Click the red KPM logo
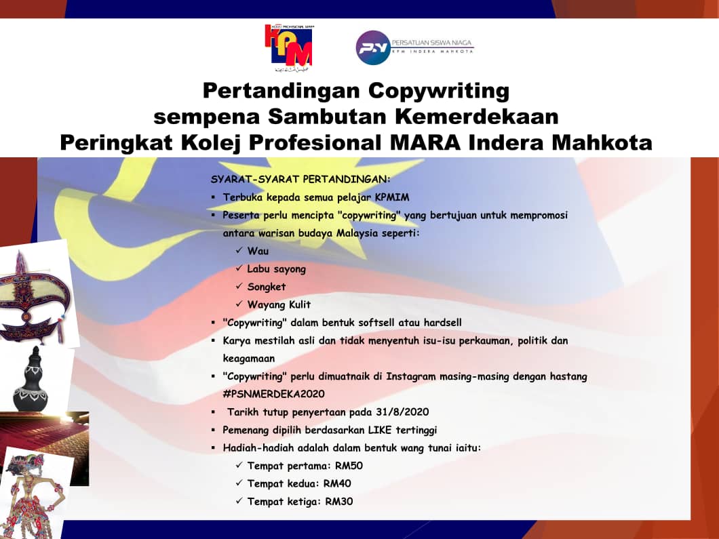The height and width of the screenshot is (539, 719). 289,47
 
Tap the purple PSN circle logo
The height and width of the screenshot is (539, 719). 373,47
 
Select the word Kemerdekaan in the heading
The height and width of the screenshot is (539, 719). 477,117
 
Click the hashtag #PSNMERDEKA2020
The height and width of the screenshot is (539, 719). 274,394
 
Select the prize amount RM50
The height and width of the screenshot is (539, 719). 349,466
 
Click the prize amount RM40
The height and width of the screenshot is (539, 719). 338,483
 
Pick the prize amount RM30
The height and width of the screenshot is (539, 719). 339,502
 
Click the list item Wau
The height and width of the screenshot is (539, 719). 258,251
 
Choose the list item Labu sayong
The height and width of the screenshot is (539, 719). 277,270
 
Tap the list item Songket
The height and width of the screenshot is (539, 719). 267,287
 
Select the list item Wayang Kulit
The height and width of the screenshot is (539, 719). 279,305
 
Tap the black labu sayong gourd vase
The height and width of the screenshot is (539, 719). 31,380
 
